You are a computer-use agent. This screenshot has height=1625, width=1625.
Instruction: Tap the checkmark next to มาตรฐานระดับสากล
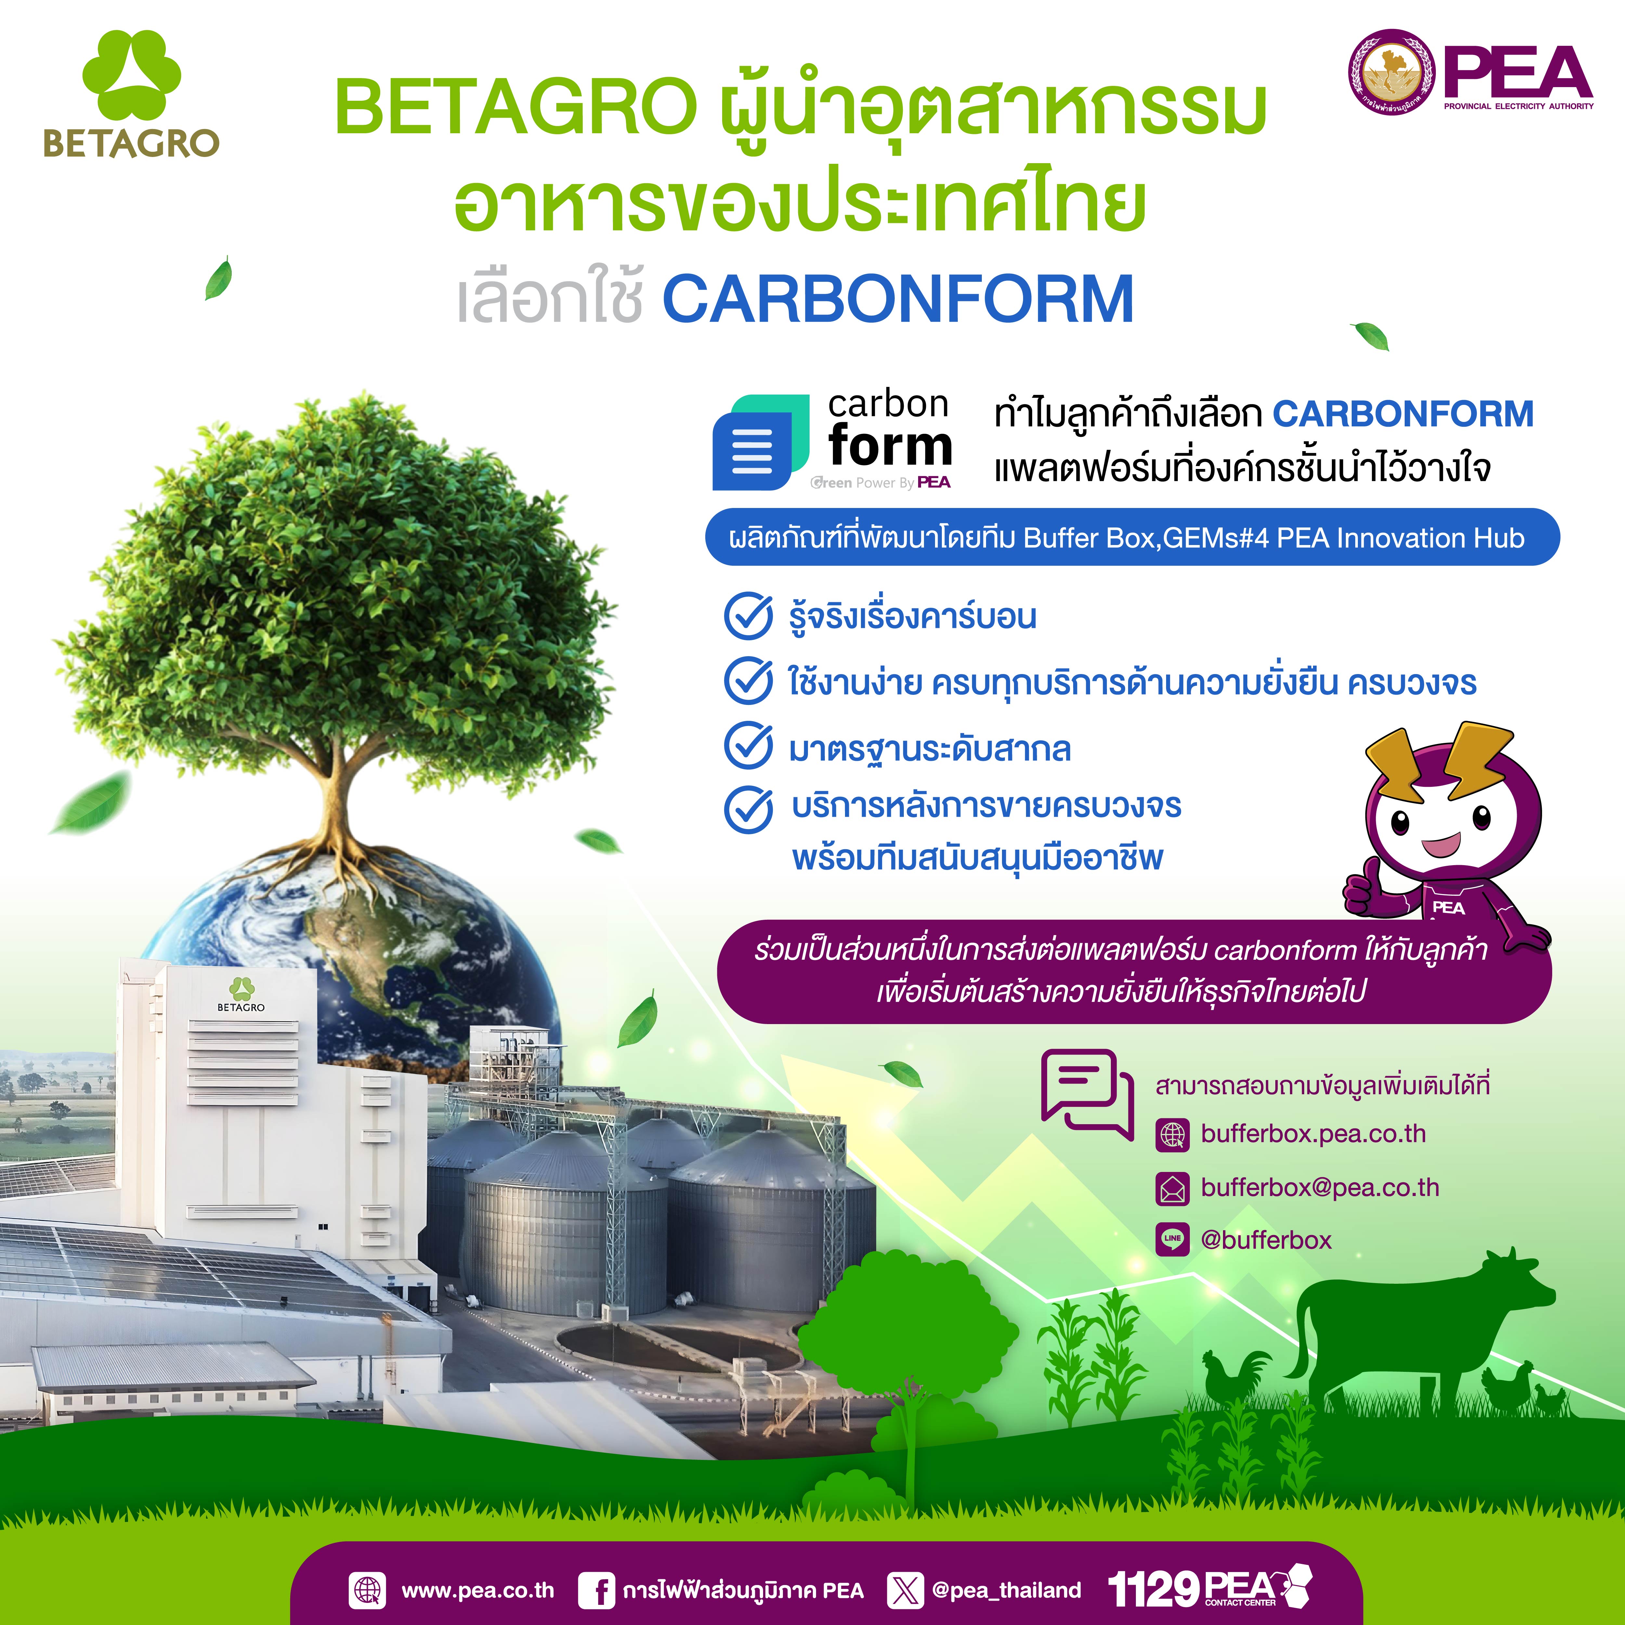point(748,746)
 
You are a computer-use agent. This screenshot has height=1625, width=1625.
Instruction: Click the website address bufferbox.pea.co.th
point(1313,1134)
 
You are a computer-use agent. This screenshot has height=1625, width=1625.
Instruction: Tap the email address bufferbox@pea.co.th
point(1320,1188)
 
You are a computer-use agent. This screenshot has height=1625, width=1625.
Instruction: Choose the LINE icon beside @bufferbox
point(1173,1239)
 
